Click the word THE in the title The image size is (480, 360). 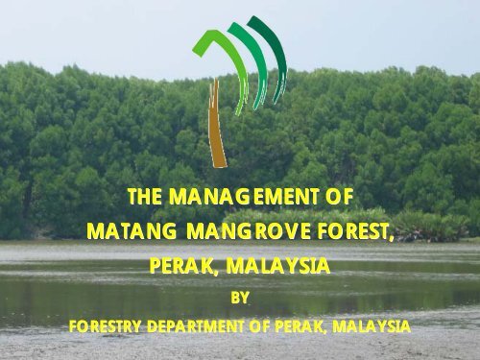coord(145,197)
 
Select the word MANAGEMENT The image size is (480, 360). coord(244,197)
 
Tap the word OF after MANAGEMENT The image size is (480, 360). coord(340,197)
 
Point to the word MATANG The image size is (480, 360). coord(132,231)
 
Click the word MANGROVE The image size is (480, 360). coord(249,231)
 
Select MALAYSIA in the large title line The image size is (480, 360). coord(277,266)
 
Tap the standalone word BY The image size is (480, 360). coord(240,298)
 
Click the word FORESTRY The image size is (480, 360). coord(105,326)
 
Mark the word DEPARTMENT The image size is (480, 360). coord(195,326)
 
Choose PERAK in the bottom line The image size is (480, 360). coord(297,326)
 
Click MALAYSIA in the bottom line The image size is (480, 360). coord(371,326)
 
